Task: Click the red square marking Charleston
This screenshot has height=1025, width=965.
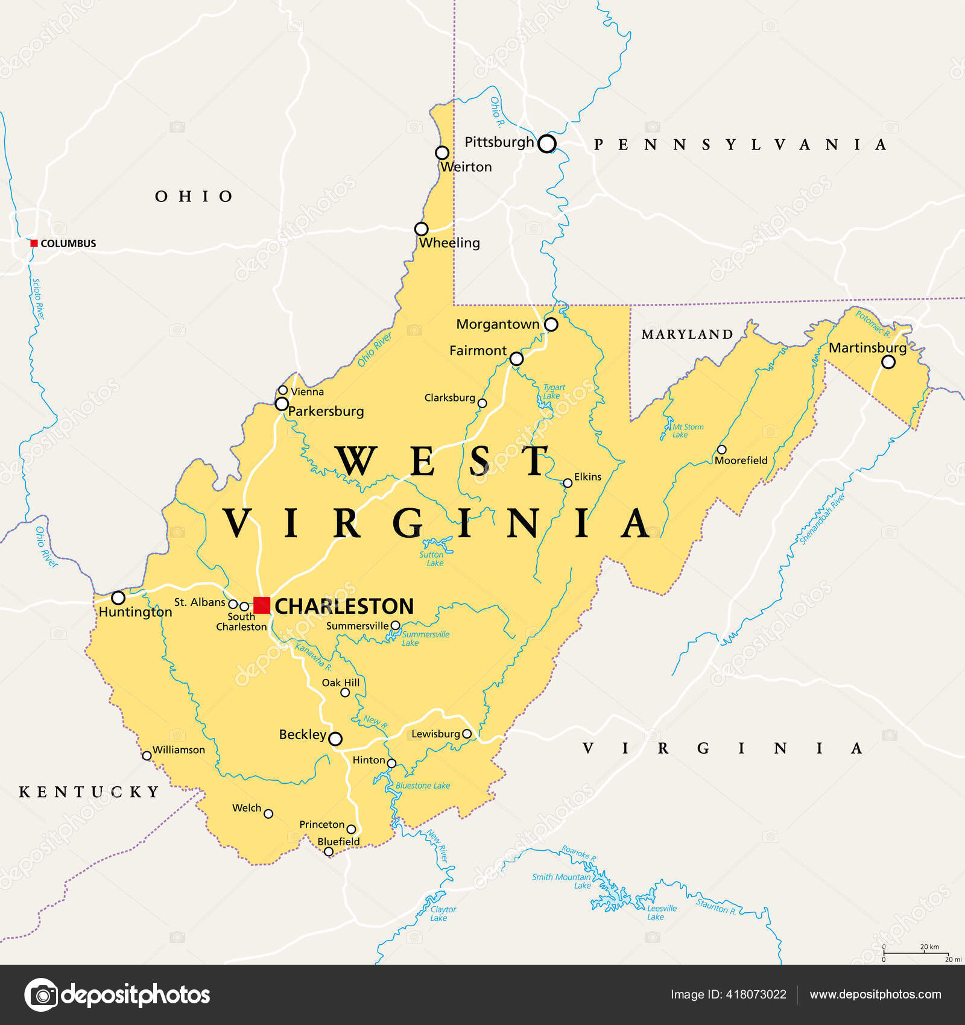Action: [x=262, y=605]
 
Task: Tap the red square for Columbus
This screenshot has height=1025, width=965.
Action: [x=34, y=244]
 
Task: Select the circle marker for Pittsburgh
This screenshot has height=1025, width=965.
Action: [x=546, y=143]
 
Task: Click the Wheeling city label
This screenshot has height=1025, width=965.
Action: [x=449, y=243]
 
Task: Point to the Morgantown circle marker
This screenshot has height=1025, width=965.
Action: [x=551, y=324]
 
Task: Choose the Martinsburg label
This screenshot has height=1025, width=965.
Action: [x=867, y=348]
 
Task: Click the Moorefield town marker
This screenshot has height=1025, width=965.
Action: [x=721, y=450]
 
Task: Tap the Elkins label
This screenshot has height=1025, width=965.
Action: [x=587, y=477]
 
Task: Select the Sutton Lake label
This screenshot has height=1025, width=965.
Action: [x=432, y=559]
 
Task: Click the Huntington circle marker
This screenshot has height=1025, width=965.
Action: [x=118, y=598]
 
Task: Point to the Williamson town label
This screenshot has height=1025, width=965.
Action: [x=179, y=750]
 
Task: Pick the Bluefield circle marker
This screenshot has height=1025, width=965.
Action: [x=329, y=851]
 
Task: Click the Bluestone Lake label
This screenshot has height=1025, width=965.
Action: [x=423, y=786]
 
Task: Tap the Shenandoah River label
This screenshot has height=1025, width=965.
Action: [x=823, y=519]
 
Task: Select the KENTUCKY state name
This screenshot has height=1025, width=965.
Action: [x=89, y=792]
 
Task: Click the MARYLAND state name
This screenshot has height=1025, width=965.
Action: [x=687, y=335]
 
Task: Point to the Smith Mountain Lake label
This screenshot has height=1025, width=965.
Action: [x=562, y=881]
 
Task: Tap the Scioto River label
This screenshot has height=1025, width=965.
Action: [x=38, y=299]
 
